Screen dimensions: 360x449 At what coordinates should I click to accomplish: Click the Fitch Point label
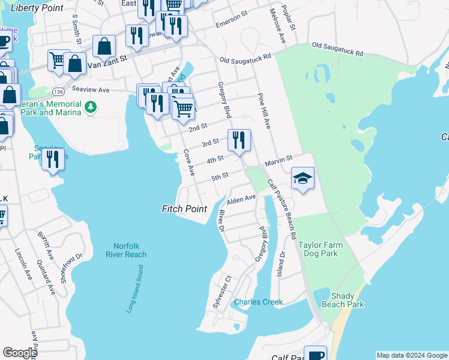tap(184, 209)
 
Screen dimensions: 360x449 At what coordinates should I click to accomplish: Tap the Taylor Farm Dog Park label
tap(318, 249)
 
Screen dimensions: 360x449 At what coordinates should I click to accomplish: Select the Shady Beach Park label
tap(347, 300)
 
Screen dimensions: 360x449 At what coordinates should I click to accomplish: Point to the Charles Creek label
tap(258, 302)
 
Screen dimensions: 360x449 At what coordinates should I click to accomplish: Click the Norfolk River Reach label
tap(130, 250)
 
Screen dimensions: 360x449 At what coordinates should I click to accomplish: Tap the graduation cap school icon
tap(303, 178)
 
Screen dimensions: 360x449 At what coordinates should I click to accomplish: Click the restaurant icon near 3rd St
tap(239, 140)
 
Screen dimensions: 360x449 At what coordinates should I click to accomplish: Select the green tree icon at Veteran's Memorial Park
tap(90, 107)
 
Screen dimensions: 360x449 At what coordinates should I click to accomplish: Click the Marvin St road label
tap(279, 158)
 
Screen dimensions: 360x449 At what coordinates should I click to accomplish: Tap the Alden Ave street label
tap(241, 198)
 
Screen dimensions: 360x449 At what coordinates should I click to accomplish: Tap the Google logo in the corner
tap(20, 353)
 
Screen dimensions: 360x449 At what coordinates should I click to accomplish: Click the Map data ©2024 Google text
tap(411, 355)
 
